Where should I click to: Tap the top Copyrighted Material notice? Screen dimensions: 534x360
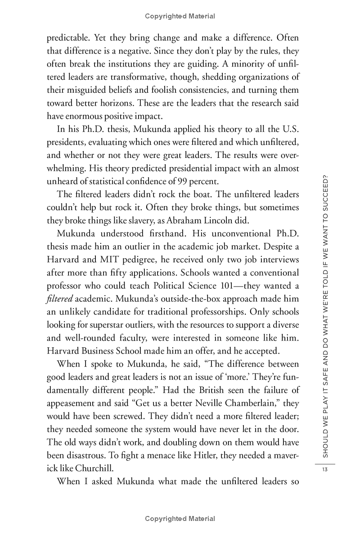pyautogui.click(x=180, y=16)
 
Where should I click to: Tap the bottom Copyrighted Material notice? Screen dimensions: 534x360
pyautogui.click(x=180, y=519)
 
